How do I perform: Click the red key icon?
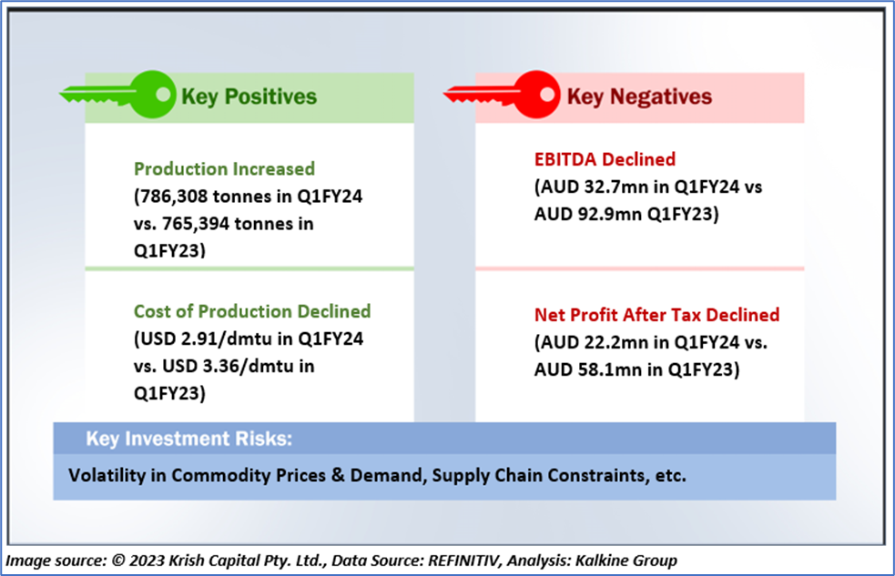click(x=503, y=95)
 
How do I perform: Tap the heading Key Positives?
click(x=249, y=96)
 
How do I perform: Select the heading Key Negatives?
click(x=639, y=96)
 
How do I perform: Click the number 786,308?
click(x=173, y=197)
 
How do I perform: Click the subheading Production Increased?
click(x=224, y=169)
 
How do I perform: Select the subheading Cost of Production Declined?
click(x=252, y=311)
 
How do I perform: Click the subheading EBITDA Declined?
click(x=605, y=159)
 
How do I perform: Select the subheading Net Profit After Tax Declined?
click(x=657, y=315)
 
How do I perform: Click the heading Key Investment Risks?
click(x=189, y=439)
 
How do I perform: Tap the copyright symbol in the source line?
click(x=118, y=560)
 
